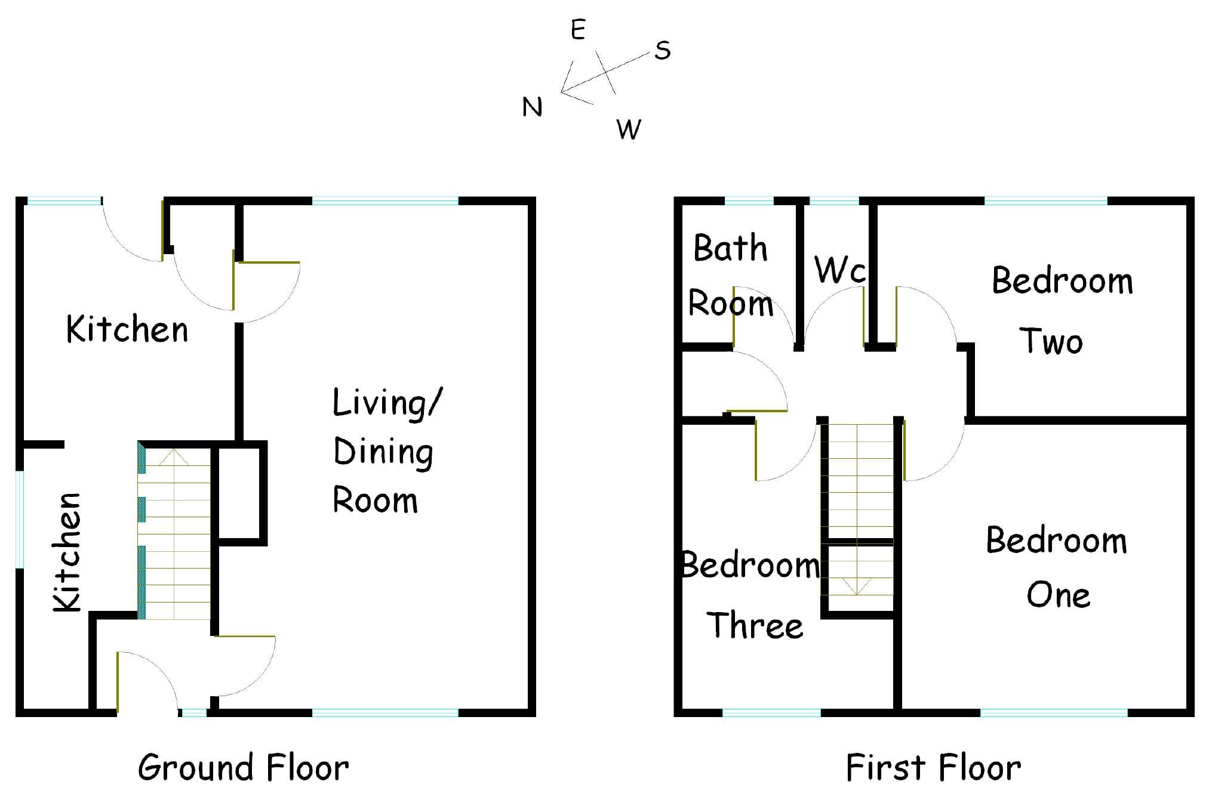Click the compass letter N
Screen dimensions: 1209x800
(x=532, y=107)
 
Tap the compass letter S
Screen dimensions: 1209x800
(x=662, y=51)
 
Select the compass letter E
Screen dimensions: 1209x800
(x=578, y=30)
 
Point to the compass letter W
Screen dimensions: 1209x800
(x=629, y=129)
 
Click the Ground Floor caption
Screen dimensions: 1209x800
(x=243, y=768)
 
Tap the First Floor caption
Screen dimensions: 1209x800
(x=933, y=768)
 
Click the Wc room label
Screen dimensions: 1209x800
(x=839, y=270)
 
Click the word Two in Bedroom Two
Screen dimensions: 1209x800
(x=1051, y=342)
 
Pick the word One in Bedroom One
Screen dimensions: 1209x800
(x=1058, y=595)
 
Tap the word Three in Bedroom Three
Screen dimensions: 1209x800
(x=755, y=626)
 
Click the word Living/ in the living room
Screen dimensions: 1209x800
(x=387, y=404)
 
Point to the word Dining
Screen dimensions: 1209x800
(x=383, y=453)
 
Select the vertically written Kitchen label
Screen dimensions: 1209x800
(x=67, y=552)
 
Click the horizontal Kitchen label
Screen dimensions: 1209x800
(x=127, y=329)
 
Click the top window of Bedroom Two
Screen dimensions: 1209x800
(x=1045, y=201)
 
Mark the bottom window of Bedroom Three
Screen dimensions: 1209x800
(x=771, y=712)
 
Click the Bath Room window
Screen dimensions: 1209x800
(x=749, y=201)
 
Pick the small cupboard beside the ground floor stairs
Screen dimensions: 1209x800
(x=238, y=493)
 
